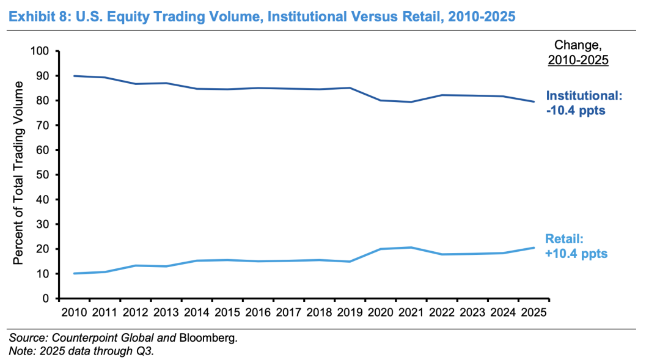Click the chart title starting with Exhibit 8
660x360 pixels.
[262, 15]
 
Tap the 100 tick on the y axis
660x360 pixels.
[40, 51]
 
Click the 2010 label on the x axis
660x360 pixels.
[74, 312]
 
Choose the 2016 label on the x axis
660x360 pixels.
[258, 312]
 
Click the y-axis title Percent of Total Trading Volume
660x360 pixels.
[18, 173]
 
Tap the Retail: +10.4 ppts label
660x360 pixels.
[577, 246]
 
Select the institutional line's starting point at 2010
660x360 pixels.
[74, 76]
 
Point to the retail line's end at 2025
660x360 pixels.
[534, 248]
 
